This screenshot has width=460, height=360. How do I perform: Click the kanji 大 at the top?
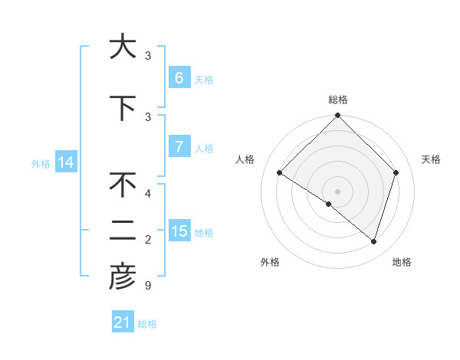[122, 47]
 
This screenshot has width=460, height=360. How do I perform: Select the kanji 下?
[122, 108]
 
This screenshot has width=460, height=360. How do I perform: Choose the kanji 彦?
[122, 278]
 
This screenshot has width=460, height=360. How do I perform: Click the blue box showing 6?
[179, 78]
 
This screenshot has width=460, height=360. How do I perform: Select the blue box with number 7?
[179, 148]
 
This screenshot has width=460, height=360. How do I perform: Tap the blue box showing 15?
[179, 231]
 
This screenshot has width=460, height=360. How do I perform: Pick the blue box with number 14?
[65, 162]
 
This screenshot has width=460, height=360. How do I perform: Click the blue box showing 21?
[123, 322]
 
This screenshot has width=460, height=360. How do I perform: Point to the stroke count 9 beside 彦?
[148, 286]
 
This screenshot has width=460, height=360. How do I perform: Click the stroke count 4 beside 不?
[148, 193]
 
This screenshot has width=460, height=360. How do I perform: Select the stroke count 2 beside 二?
[148, 240]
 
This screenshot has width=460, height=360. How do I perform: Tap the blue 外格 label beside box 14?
[41, 163]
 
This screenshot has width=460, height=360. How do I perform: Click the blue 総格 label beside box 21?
[147, 324]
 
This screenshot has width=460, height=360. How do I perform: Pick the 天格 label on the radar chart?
[431, 159]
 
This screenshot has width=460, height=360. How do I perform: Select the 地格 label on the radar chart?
[402, 263]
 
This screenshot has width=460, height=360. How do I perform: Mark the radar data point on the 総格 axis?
[337, 116]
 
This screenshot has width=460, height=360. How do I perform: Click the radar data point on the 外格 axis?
[328, 204]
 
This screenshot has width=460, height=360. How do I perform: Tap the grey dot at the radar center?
[337, 191]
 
